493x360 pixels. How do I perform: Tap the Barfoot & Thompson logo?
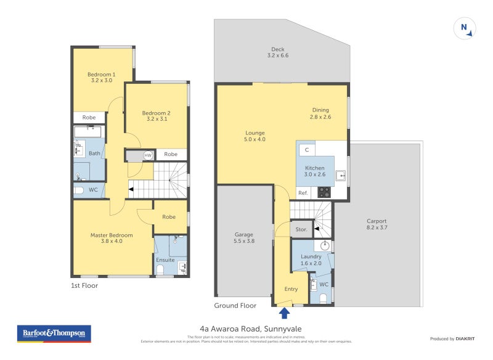coord(54,333)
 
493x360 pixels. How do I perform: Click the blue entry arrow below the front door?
coord(284,313)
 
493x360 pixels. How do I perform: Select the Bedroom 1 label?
coord(102,77)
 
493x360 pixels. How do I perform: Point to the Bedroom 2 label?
coord(156,116)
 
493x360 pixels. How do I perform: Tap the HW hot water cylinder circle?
coord(148,155)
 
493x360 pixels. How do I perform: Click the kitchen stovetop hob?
coord(324,192)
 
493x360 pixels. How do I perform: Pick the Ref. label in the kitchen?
coord(303,193)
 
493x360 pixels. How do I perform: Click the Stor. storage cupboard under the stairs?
coord(301,230)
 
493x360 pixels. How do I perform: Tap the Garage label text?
coord(244,237)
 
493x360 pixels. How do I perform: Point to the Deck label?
coord(278,52)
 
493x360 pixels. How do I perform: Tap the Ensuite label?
coord(165,260)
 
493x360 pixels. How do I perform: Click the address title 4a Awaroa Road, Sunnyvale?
coord(246,329)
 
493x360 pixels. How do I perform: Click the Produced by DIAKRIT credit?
coord(455,338)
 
